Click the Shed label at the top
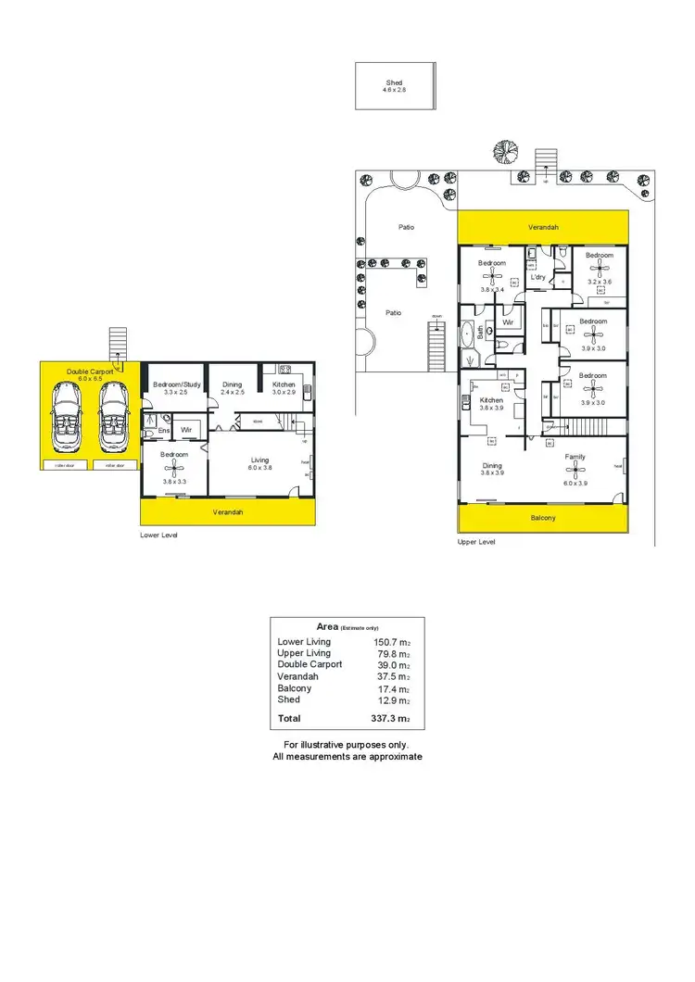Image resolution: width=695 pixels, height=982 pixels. pos(395,83)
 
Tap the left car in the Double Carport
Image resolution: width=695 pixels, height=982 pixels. pos(67,414)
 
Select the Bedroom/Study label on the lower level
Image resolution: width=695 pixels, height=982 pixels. pos(176,384)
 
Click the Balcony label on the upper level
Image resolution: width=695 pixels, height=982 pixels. pos(543,518)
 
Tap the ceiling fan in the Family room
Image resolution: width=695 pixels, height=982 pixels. pos(575,470)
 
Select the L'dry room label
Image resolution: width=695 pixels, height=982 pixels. pos(537,277)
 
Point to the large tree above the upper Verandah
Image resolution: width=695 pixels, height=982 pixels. pos(505,150)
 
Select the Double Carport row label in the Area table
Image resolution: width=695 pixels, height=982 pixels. pos(310,664)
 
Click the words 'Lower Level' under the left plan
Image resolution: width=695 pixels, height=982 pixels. pos(158,535)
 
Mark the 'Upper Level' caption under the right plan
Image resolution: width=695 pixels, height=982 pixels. pos(477,541)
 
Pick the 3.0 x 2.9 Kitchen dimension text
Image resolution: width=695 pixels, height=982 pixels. pos(284,393)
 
